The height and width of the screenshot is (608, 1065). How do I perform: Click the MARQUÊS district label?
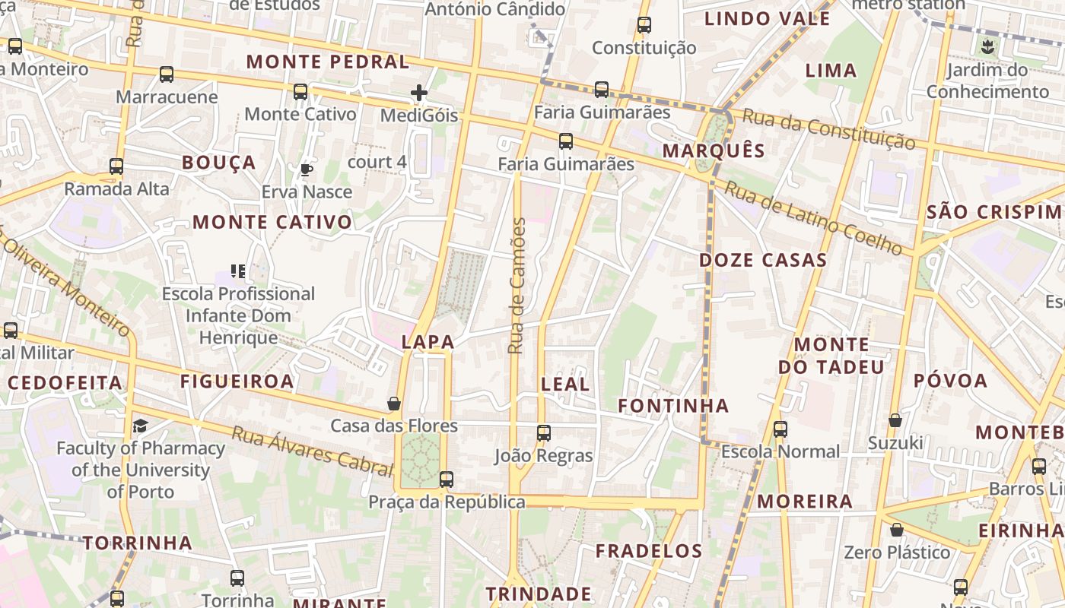click(713, 150)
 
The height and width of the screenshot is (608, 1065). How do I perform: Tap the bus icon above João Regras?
click(543, 433)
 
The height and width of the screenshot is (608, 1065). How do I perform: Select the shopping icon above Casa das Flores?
click(394, 403)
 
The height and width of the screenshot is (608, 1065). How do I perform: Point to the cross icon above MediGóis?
click(419, 93)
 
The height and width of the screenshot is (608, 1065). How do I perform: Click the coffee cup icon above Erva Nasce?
click(307, 169)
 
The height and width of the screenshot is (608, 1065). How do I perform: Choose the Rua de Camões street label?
click(517, 286)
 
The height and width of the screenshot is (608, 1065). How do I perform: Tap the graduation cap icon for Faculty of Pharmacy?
click(140, 426)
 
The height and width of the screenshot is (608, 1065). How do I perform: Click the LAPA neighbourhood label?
click(428, 342)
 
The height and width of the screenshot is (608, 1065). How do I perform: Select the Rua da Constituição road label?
click(828, 128)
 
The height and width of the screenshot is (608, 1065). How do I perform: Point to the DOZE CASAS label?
click(762, 260)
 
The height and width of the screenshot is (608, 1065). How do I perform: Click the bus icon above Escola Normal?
click(780, 429)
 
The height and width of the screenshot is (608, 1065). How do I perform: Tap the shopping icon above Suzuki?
click(895, 420)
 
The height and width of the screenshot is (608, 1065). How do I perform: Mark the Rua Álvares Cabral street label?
click(312, 451)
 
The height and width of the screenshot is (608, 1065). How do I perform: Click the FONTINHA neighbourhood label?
click(673, 406)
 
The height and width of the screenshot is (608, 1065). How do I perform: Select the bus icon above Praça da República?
click(447, 480)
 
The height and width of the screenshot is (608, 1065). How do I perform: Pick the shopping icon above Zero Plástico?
click(897, 530)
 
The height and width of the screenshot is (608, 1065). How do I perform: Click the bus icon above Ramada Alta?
click(116, 166)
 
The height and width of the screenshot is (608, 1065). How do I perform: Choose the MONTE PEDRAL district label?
click(328, 62)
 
